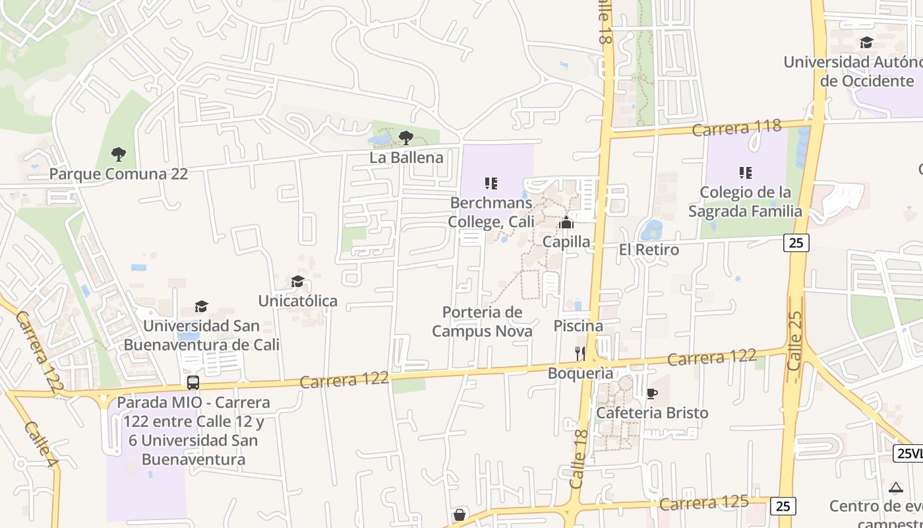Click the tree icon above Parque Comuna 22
point(119,154)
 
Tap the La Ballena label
point(406,158)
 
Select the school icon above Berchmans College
point(491,183)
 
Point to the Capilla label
point(566,242)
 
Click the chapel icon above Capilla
point(566,222)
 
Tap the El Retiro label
point(649,249)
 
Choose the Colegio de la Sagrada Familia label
point(745,202)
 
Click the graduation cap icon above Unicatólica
point(297,282)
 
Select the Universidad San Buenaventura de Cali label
point(202,335)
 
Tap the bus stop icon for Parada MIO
point(193,382)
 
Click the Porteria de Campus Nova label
point(482,321)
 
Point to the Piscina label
point(578,325)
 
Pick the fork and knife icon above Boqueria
point(580,353)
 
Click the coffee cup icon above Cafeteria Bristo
point(651,394)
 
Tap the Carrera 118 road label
point(736,127)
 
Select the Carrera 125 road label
point(704,503)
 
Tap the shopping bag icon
point(460,515)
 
